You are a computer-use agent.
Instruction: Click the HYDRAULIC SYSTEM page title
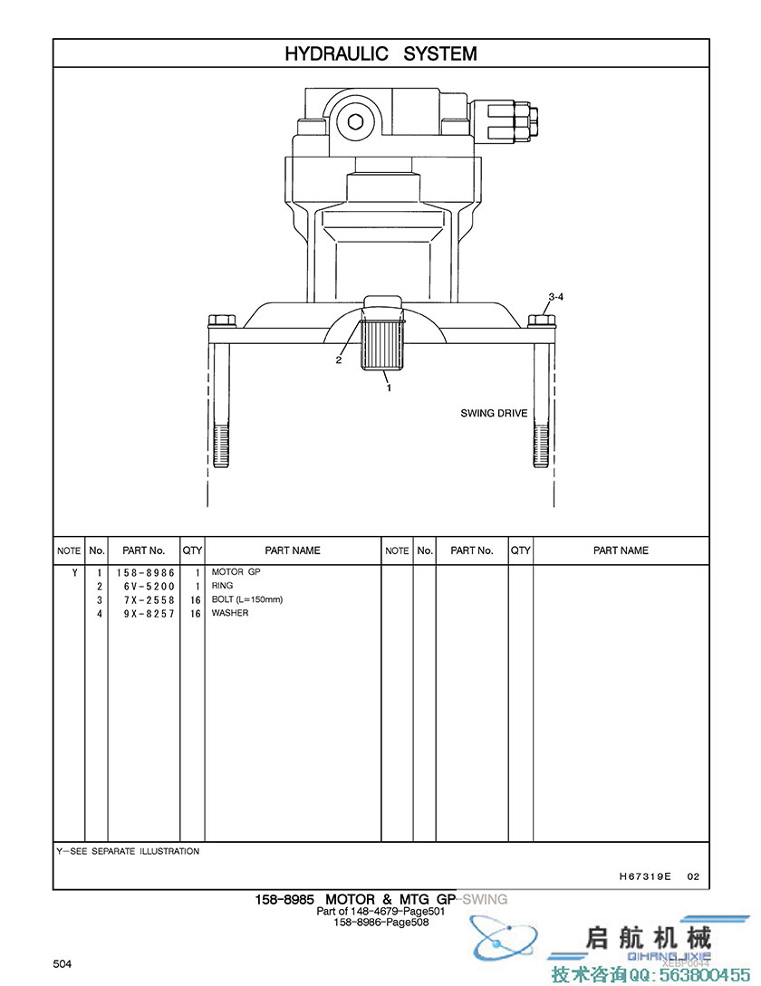380,53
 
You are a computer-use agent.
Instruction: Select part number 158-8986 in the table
144,573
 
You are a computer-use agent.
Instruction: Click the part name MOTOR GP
236,572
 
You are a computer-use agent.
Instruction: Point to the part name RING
222,586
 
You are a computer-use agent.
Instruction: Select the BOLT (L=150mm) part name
247,599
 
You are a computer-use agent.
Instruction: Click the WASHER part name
230,613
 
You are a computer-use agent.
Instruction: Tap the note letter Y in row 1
74,573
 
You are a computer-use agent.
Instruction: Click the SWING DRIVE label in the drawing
494,414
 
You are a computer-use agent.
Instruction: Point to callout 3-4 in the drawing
556,297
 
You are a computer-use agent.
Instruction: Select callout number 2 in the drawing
339,359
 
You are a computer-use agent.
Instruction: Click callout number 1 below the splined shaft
389,388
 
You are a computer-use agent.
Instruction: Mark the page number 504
62,964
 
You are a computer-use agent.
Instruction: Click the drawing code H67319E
645,876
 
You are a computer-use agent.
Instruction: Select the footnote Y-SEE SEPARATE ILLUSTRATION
128,852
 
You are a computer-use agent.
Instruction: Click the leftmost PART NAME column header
293,550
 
